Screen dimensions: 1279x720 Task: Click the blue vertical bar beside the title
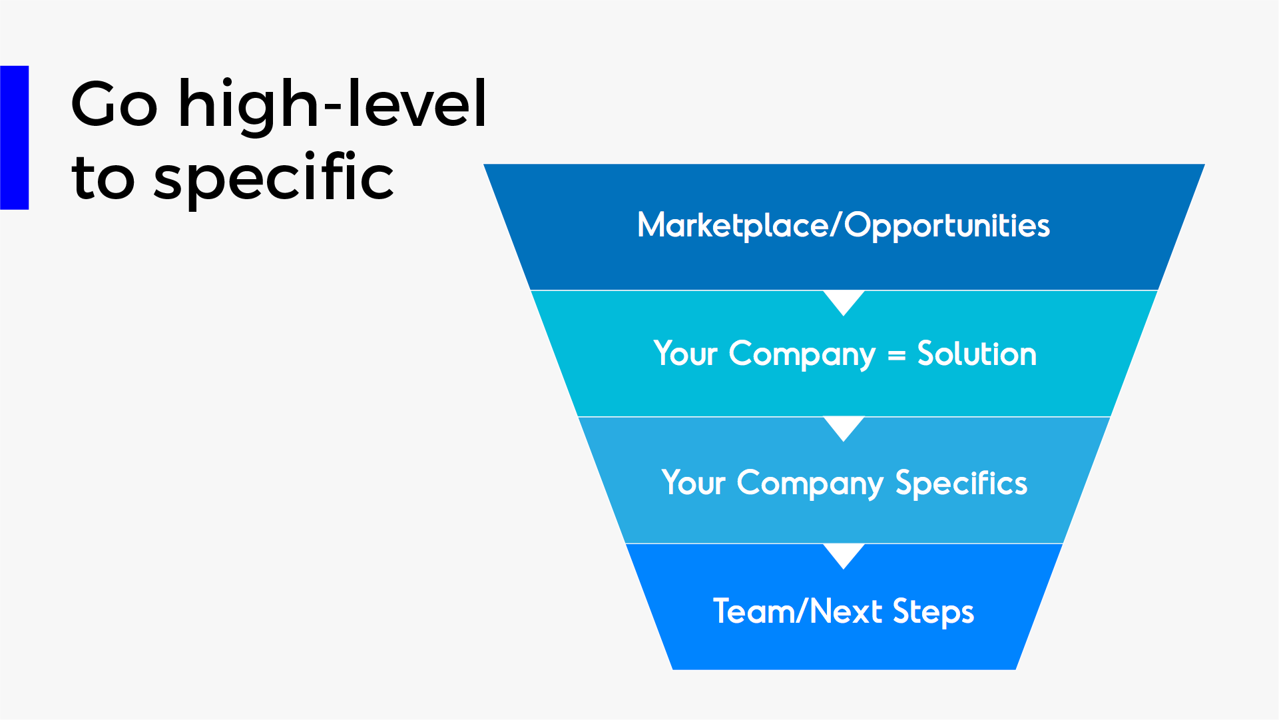click(x=15, y=138)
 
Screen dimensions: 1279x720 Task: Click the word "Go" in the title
click(x=115, y=104)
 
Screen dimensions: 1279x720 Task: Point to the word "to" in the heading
click(x=103, y=179)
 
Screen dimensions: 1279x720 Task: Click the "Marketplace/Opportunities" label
click(x=844, y=225)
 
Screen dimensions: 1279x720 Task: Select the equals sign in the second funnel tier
click(x=897, y=356)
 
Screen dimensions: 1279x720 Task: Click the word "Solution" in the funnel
click(x=977, y=354)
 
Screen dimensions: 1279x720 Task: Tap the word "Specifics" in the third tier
click(x=961, y=483)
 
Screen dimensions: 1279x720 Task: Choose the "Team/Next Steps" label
click(x=844, y=611)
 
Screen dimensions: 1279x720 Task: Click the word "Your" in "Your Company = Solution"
click(x=686, y=354)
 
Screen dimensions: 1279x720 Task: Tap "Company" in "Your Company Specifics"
click(x=810, y=484)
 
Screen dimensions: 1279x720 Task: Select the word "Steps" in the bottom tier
click(x=933, y=612)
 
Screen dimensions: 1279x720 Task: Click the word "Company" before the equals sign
click(x=802, y=354)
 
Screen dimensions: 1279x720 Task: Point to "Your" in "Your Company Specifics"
click(x=693, y=483)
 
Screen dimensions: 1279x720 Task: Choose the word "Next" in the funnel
click(x=846, y=611)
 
